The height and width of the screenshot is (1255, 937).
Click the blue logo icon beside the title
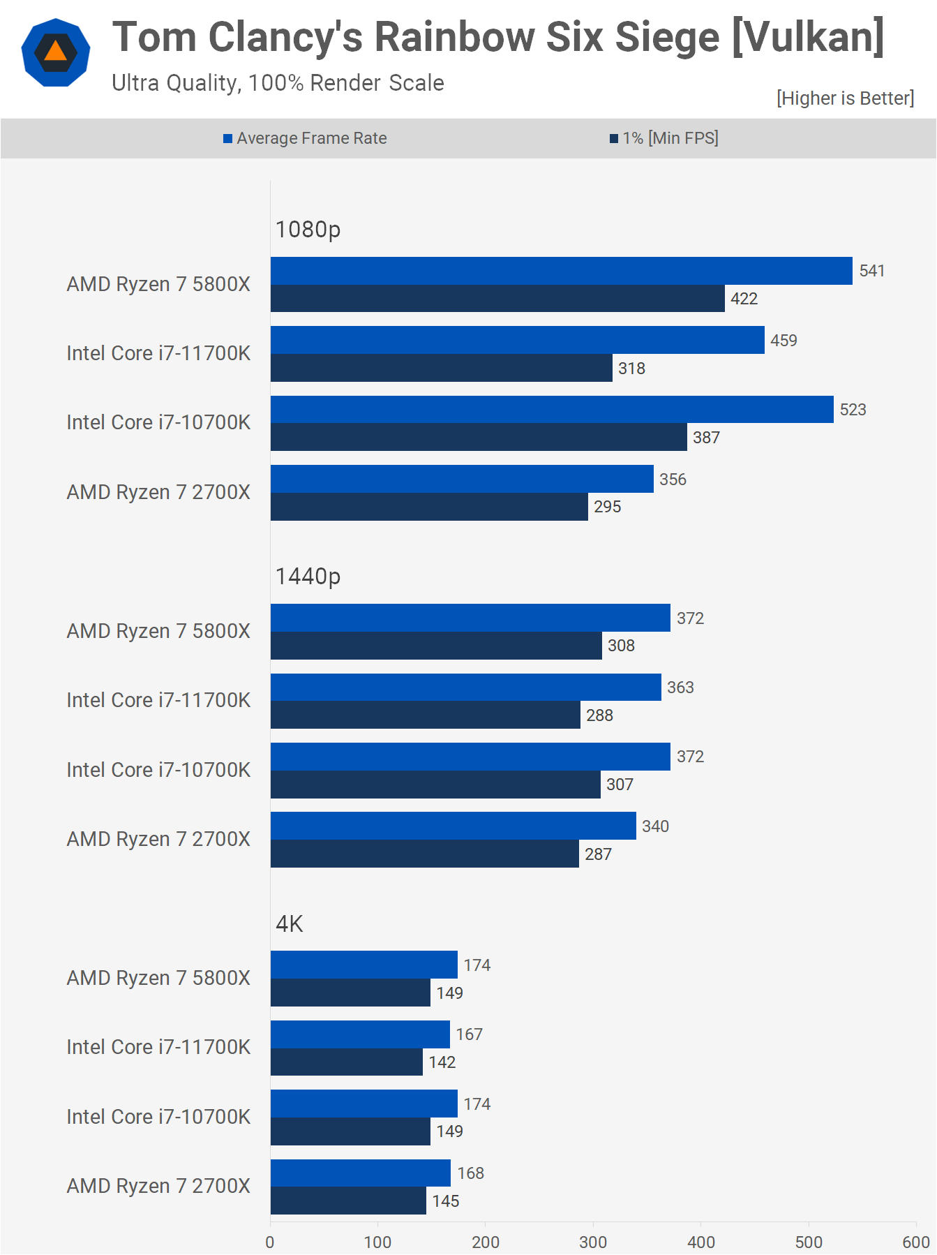[x=56, y=53]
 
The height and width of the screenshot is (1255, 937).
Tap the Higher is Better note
[x=845, y=98]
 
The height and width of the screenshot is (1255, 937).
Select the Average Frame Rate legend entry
[x=305, y=138]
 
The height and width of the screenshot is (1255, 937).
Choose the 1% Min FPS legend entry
[x=664, y=138]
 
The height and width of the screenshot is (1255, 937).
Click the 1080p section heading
[x=308, y=229]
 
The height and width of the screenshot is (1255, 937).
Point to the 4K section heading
[x=289, y=923]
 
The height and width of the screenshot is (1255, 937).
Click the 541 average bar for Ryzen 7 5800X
[x=561, y=271]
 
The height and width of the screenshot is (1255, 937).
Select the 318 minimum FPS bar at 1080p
[x=441, y=368]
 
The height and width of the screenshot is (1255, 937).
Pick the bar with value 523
[x=551, y=410]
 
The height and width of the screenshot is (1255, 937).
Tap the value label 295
[x=607, y=507]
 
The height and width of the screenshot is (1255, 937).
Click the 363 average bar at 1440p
[x=465, y=688]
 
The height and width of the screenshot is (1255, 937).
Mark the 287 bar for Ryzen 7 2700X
[x=424, y=854]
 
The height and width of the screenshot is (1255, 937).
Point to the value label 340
[x=655, y=826]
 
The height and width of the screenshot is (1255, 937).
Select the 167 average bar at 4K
[x=360, y=1034]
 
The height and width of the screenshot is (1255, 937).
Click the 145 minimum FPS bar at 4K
[x=348, y=1201]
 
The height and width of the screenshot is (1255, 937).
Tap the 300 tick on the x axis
[x=593, y=1242]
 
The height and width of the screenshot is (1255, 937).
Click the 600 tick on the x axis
[x=915, y=1242]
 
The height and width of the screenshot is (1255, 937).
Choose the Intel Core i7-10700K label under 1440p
[x=158, y=770]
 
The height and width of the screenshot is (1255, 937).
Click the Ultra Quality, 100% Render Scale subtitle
[x=278, y=83]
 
